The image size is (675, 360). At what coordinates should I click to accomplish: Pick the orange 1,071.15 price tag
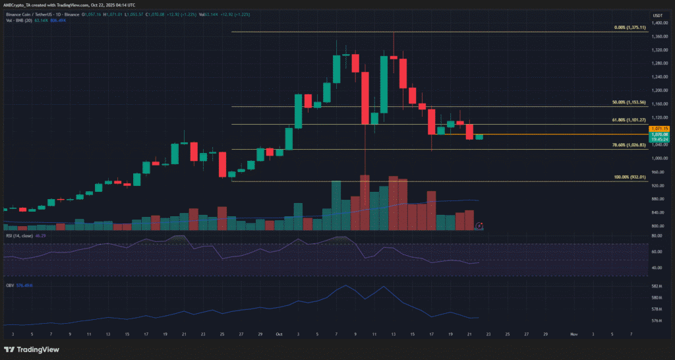click(x=660, y=128)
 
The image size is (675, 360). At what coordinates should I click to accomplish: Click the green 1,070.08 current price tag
click(x=660, y=134)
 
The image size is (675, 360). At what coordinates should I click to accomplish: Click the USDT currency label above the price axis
click(x=658, y=15)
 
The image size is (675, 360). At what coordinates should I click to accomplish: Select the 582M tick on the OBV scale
click(x=657, y=286)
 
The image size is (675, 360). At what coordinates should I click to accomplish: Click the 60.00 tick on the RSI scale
click(x=656, y=251)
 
